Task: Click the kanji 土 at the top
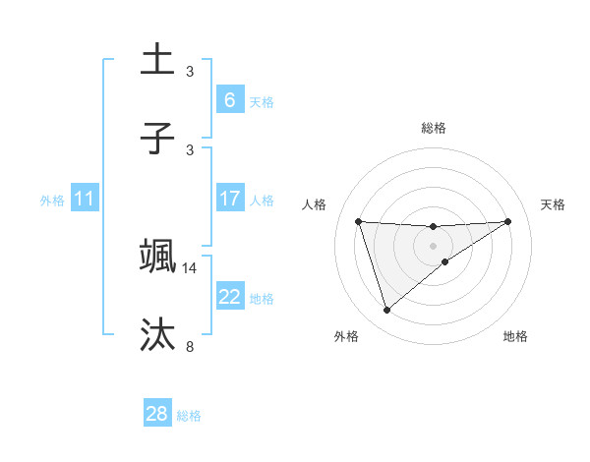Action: point(157,59)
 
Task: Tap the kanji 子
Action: point(157,138)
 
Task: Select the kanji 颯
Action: point(157,255)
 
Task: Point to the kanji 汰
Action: point(157,333)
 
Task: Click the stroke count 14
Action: point(190,267)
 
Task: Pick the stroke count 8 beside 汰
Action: point(190,346)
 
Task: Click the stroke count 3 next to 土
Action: point(190,72)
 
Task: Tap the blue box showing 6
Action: point(229,99)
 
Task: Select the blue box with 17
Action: point(229,199)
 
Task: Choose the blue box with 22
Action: point(229,297)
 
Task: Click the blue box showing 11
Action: point(85,199)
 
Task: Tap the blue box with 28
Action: point(157,414)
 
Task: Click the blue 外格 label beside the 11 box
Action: point(52,200)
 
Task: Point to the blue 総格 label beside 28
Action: point(189,415)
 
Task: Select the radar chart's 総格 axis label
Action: point(434,128)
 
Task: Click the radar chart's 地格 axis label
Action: point(515,336)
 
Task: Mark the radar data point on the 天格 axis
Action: point(507,221)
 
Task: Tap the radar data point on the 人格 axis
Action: point(358,221)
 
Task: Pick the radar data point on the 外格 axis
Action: point(386,311)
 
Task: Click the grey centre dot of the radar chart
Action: point(433,245)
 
